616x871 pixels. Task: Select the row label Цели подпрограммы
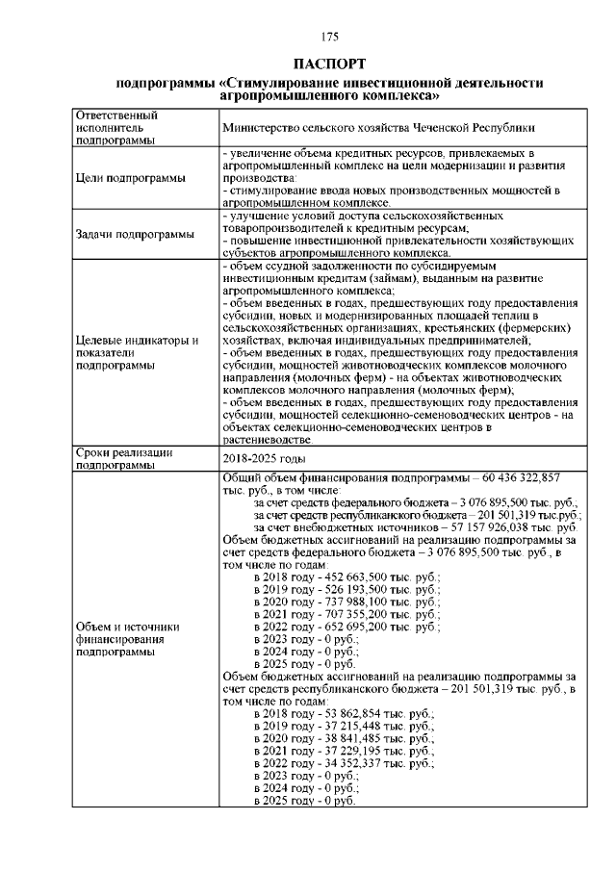click(123, 177)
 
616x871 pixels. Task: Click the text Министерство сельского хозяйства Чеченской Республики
click(378, 127)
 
